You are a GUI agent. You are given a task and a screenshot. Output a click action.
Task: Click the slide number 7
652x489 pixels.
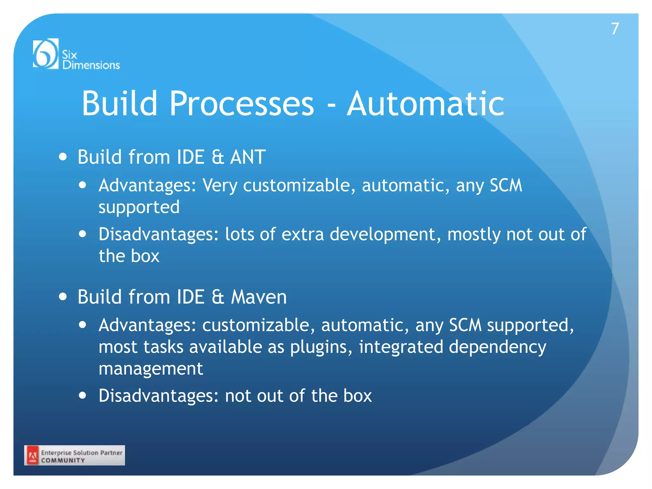pos(615,29)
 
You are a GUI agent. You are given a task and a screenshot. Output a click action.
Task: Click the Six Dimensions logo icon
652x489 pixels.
pos(46,53)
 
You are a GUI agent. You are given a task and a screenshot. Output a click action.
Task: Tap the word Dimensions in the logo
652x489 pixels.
pos(91,65)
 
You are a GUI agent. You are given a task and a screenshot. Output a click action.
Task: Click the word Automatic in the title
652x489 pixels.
pos(425,104)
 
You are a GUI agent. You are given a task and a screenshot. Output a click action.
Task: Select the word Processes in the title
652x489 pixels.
pos(242,104)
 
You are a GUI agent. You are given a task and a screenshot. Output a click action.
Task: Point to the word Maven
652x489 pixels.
pos(259,297)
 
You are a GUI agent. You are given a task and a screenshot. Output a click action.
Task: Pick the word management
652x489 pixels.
pos(151,369)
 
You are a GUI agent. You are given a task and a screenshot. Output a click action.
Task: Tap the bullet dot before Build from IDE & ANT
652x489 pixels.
pos(63,157)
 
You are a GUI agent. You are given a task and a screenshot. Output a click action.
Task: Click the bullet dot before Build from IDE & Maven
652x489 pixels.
pos(63,297)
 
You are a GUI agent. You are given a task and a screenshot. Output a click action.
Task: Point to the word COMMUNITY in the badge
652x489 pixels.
pos(63,460)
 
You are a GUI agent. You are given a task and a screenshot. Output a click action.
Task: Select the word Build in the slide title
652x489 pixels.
pos(120,104)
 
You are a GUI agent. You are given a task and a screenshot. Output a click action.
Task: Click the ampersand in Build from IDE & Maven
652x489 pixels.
pos(218,297)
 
